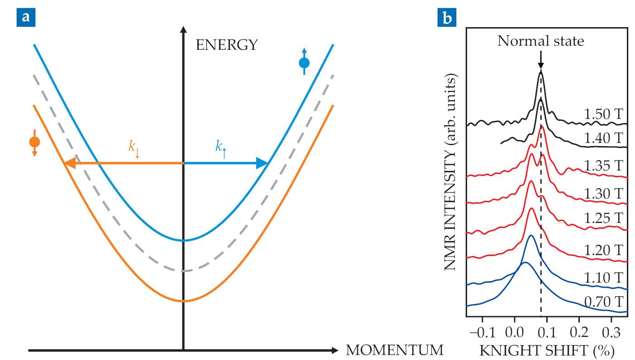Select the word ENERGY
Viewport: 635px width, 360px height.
pyautogui.click(x=227, y=45)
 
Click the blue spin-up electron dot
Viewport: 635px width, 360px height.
pyautogui.click(x=304, y=63)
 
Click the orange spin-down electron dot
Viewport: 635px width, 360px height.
pyautogui.click(x=34, y=142)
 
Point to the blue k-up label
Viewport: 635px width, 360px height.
pyautogui.click(x=221, y=147)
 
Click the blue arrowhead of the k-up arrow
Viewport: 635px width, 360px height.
pyautogui.click(x=262, y=163)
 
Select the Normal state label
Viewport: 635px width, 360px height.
pyautogui.click(x=541, y=42)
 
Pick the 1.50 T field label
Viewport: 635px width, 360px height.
pyautogui.click(x=604, y=115)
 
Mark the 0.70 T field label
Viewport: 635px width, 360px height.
pyautogui.click(x=604, y=301)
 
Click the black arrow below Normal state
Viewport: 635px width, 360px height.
pyautogui.click(x=541, y=61)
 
